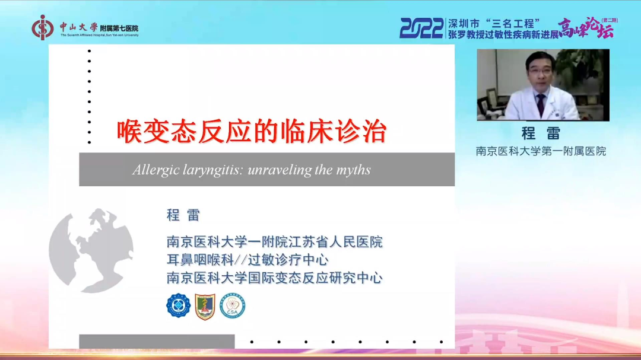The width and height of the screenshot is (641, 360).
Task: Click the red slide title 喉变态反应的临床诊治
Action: point(251,132)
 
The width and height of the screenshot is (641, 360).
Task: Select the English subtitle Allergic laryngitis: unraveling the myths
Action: point(252,170)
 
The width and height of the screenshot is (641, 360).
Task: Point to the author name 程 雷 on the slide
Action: point(183,215)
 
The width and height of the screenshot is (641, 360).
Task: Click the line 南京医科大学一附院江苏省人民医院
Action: point(274,242)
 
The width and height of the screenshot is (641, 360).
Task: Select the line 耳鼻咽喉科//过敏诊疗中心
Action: point(247,260)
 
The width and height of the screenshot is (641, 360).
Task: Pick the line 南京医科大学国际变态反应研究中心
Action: point(274,278)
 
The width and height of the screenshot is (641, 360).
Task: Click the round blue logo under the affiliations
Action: point(178,305)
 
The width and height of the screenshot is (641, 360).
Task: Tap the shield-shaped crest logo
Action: point(205,307)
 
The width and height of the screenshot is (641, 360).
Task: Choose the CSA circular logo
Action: point(232,305)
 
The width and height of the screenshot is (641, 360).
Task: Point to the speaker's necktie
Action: point(540,104)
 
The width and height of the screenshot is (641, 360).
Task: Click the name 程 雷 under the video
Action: point(541,133)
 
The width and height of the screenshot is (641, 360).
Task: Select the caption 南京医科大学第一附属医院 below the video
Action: point(541,151)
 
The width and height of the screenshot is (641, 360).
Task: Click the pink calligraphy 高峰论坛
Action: point(586,28)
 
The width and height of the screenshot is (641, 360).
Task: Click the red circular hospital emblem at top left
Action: point(43,27)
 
